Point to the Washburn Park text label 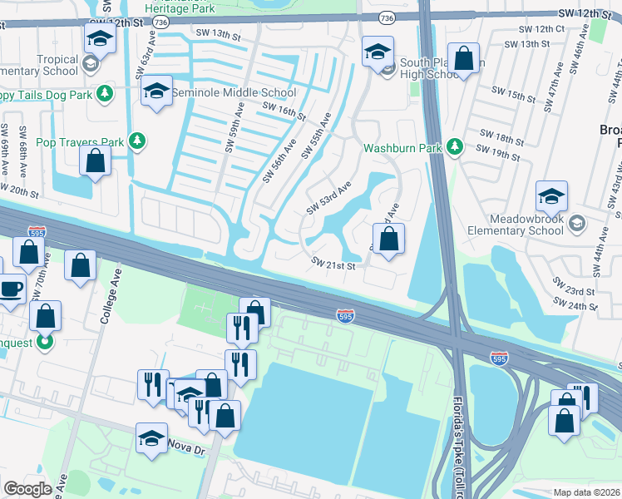click(x=402, y=149)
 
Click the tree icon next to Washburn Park click(x=454, y=147)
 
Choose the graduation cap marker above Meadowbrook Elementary click(x=550, y=198)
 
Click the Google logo click(x=27, y=489)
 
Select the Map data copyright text click(x=587, y=492)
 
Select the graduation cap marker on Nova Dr click(x=151, y=440)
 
